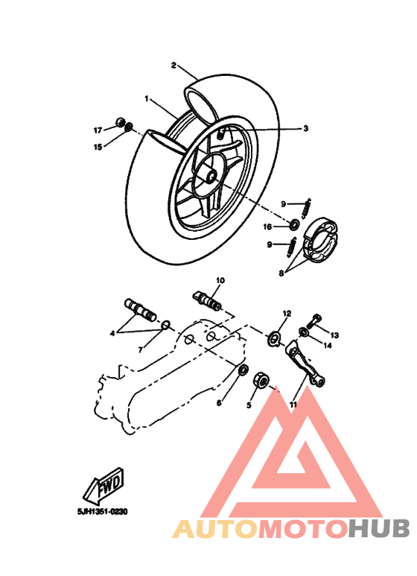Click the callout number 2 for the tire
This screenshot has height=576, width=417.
tap(174, 65)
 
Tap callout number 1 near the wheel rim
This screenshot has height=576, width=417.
tap(147, 98)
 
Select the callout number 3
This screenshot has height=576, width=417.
tap(284, 128)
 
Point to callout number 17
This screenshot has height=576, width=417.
tap(98, 130)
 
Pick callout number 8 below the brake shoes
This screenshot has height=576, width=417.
tap(281, 273)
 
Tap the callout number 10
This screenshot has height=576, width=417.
tap(220, 281)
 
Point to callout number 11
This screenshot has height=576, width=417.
tap(293, 404)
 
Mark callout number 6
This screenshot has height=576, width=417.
tap(219, 403)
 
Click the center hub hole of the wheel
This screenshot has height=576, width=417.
tap(211, 177)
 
